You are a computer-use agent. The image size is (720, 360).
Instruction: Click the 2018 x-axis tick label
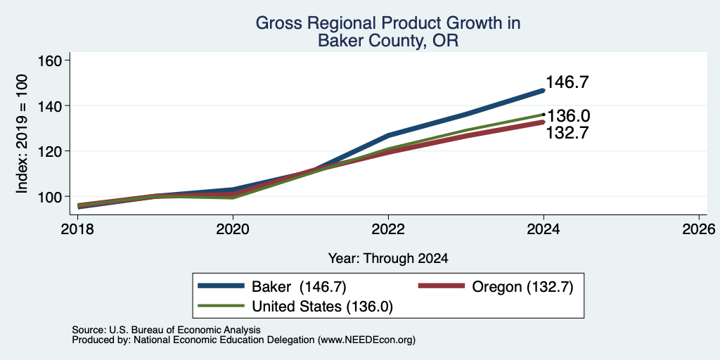[x=77, y=229]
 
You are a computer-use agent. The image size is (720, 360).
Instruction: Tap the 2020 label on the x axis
[x=233, y=229]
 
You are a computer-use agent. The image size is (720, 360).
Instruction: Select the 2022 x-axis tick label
[x=388, y=229]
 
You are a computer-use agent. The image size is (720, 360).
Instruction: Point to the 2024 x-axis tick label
[x=544, y=229]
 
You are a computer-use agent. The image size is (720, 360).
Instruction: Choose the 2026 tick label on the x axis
[x=699, y=229]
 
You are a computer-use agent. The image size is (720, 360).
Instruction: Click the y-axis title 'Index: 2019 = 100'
[x=22, y=134]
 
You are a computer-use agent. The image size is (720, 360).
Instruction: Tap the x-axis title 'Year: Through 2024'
[x=388, y=259]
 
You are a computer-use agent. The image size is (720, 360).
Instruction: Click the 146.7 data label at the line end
[x=567, y=83]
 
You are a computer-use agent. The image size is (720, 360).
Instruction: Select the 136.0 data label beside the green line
[x=568, y=116]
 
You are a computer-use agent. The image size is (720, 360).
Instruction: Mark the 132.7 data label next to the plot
[x=567, y=133]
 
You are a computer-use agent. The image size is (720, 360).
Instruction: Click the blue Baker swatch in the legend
[x=221, y=285]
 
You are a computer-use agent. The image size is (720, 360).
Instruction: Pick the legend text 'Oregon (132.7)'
[x=522, y=287]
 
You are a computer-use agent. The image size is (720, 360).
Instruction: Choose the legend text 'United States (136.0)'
[x=322, y=307]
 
